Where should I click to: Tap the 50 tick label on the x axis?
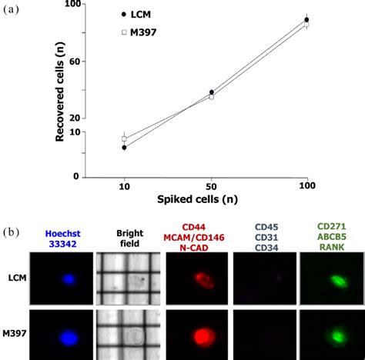coord(212,187)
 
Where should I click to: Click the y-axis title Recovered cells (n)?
coord(59,91)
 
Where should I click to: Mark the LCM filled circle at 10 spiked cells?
coord(124,147)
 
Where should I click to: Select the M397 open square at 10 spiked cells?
coord(124,138)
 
